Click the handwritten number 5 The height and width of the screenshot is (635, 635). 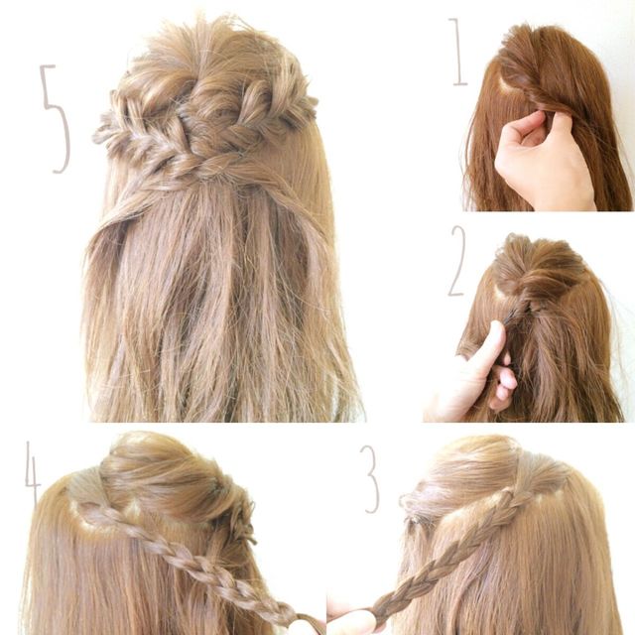point(57,117)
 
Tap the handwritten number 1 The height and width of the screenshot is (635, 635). point(458,52)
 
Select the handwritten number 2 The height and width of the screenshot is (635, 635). point(457,261)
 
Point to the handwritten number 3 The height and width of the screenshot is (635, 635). point(370,480)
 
